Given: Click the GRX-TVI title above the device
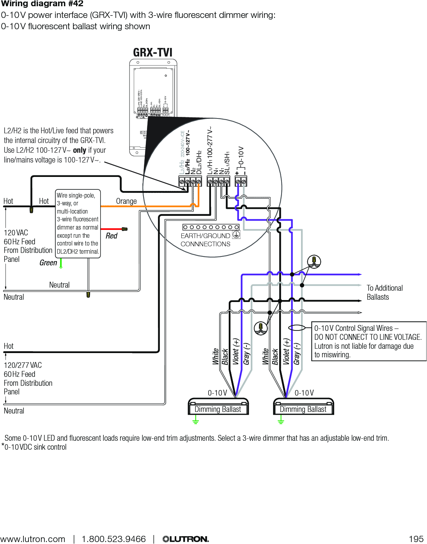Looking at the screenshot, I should (152, 52).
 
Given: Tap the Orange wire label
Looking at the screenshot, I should (126, 201).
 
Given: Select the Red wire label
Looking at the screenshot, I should (112, 236).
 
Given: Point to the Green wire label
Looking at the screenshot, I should (48, 263).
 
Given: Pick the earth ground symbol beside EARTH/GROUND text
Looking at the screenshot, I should (236, 235).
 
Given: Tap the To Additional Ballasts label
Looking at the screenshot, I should (384, 292).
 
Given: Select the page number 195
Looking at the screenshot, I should (416, 539).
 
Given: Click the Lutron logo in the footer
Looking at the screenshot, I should (186, 539).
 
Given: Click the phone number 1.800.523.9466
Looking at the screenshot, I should (113, 539).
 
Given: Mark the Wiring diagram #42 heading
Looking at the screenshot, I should (42, 4).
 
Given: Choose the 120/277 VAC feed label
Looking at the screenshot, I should (23, 365).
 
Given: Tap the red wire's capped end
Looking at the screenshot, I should (125, 229).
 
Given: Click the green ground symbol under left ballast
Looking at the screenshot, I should (196, 421).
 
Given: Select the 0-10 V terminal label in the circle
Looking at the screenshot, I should (241, 156).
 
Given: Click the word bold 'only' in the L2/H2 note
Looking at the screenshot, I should (80, 150).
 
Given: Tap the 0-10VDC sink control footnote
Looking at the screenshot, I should (35, 447).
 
